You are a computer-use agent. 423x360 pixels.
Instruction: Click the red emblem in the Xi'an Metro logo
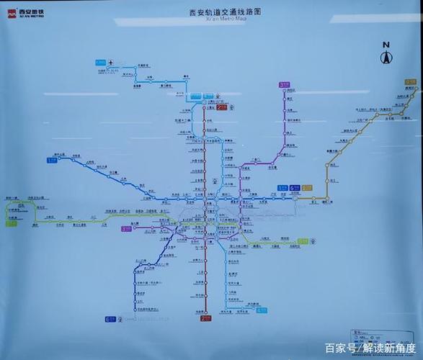12,13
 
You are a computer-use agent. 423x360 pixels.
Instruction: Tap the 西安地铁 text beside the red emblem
30,12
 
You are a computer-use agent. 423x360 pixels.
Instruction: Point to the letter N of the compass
386,45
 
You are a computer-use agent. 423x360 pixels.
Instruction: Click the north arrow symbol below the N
386,58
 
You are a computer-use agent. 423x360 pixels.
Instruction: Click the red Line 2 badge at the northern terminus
222,107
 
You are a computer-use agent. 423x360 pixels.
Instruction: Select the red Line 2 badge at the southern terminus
205,317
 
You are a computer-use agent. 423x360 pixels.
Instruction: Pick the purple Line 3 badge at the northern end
282,85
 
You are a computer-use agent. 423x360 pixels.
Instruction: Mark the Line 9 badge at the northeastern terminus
410,82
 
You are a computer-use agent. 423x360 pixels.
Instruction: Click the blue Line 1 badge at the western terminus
51,161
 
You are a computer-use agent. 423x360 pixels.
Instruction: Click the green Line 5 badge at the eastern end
303,241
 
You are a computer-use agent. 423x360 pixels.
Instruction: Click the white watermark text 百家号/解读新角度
366,348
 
